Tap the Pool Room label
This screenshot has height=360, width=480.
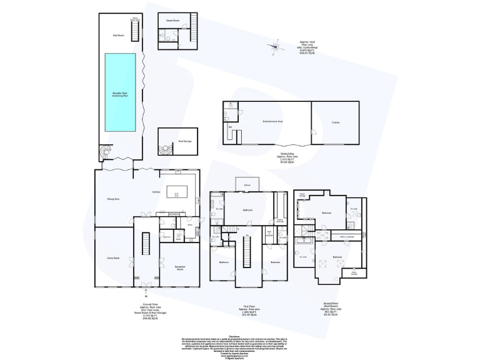pos(117,36)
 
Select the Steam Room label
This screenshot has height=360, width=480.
pos(172,21)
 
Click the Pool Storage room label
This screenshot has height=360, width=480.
pos(184,141)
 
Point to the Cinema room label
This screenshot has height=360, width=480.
pos(336,122)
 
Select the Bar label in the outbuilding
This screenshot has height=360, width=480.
pos(230,127)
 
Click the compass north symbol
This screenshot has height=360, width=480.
pos(274,44)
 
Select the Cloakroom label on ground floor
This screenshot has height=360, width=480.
pos(167,237)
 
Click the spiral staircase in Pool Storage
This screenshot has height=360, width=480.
pos(104,152)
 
